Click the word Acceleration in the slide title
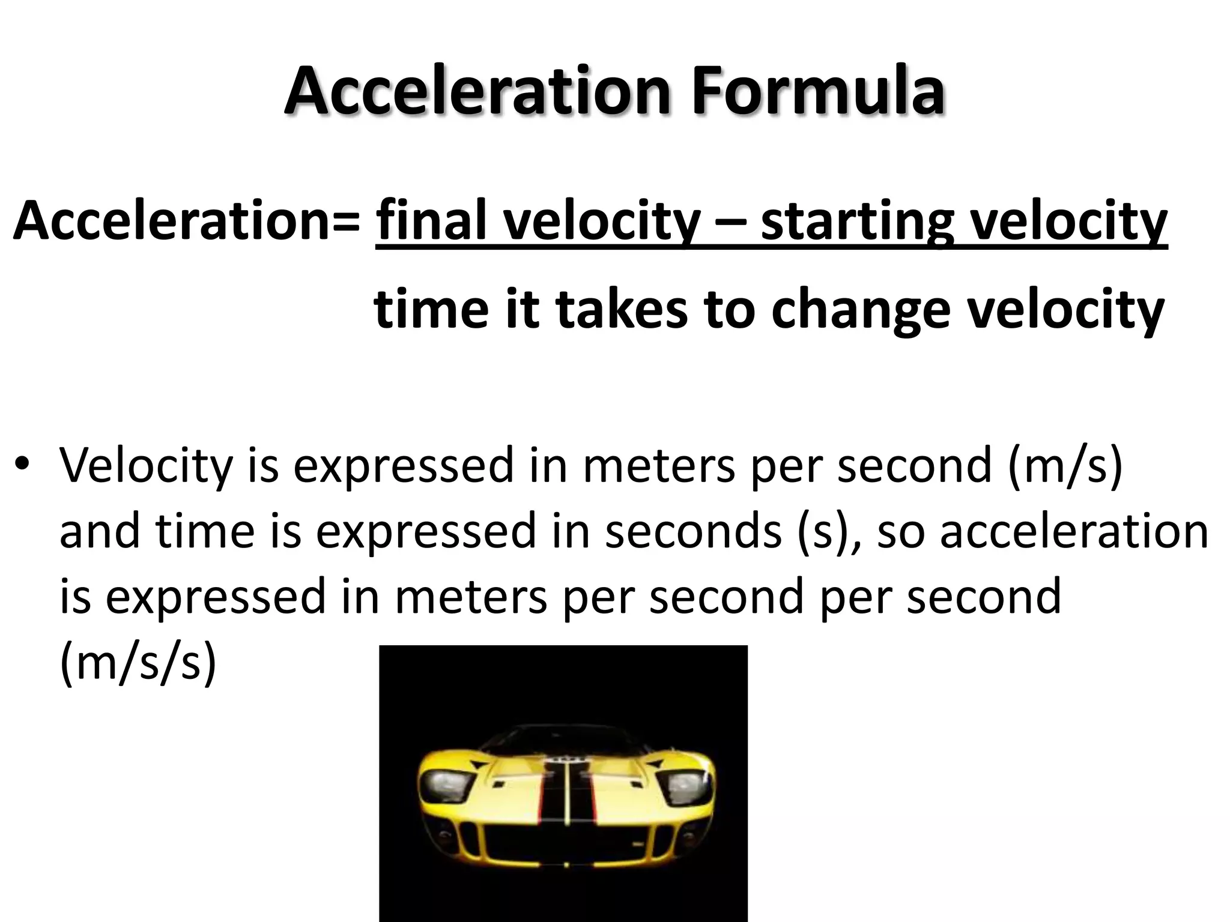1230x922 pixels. point(477,91)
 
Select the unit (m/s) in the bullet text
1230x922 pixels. point(1065,466)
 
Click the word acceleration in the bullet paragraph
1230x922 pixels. point(1074,532)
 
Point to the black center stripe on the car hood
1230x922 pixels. point(565,798)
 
